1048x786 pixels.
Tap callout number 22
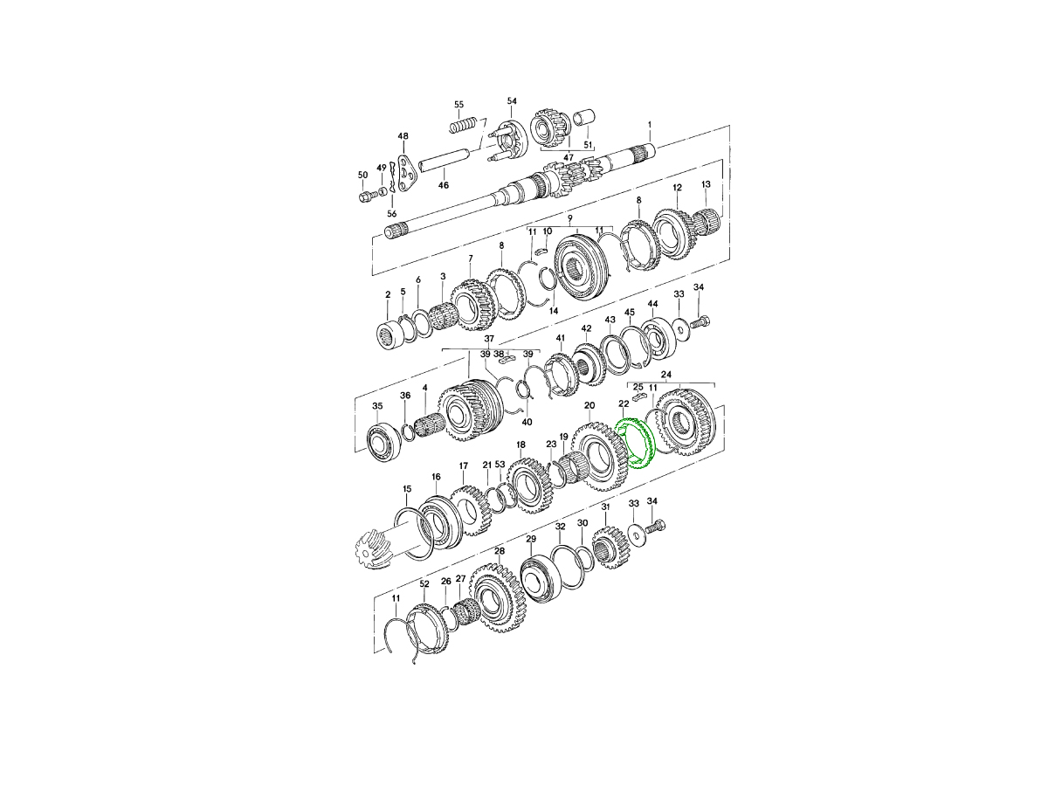click(x=624, y=403)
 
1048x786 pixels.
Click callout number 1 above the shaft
click(x=650, y=125)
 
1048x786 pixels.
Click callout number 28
click(x=499, y=551)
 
